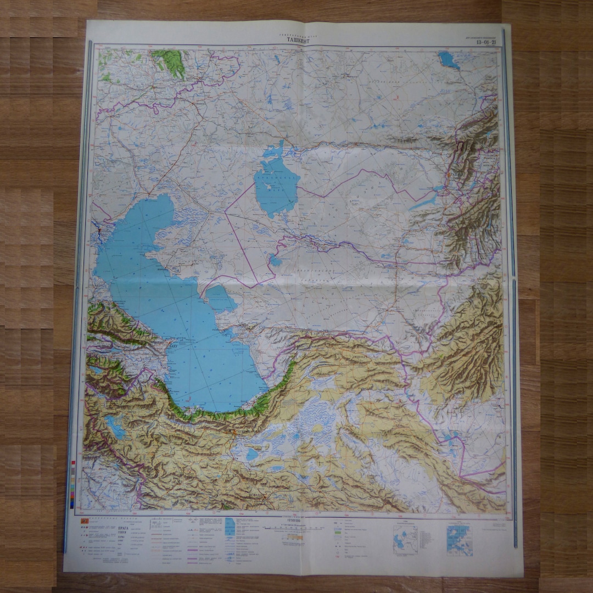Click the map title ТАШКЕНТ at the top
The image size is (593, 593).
(x=297, y=40)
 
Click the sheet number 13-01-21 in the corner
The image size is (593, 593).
(x=486, y=42)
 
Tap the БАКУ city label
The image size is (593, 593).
(x=175, y=346)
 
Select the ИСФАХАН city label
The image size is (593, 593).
(x=255, y=495)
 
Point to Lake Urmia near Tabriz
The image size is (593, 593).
(x=116, y=426)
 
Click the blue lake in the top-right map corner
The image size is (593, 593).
(x=449, y=59)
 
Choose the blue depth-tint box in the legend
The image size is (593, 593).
(x=231, y=527)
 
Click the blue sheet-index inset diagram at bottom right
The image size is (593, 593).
(x=459, y=540)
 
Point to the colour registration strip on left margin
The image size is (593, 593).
(x=73, y=483)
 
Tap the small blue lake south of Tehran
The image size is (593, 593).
(x=252, y=454)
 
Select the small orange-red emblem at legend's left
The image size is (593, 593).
(x=85, y=521)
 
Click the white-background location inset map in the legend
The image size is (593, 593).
(x=405, y=539)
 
